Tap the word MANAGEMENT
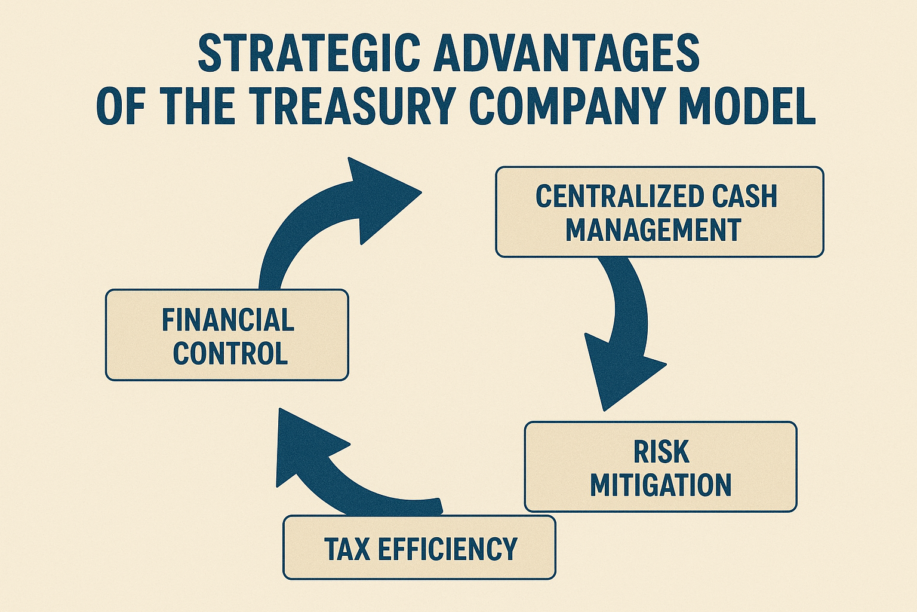pos(653,230)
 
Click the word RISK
pos(661,452)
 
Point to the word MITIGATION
pos(660,485)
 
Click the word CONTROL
pos(230,353)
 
